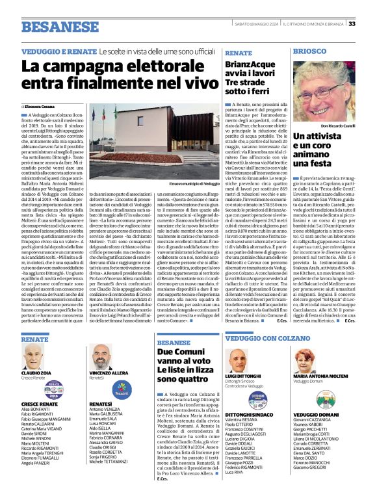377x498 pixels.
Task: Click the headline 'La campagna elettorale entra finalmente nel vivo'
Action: (118, 75)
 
